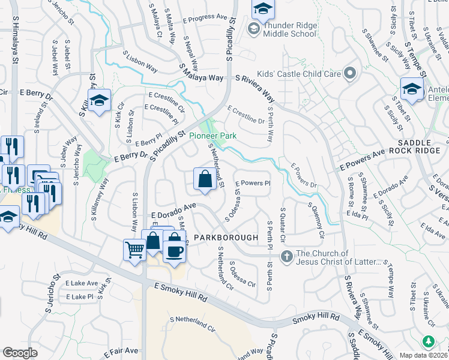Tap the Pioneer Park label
[x=212, y=136]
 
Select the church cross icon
[x=287, y=256]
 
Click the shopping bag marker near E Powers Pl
[x=205, y=179]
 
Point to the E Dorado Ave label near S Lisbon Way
[x=174, y=209]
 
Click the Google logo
[x=20, y=352]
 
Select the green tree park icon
[x=428, y=341]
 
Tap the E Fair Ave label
[x=123, y=350]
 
